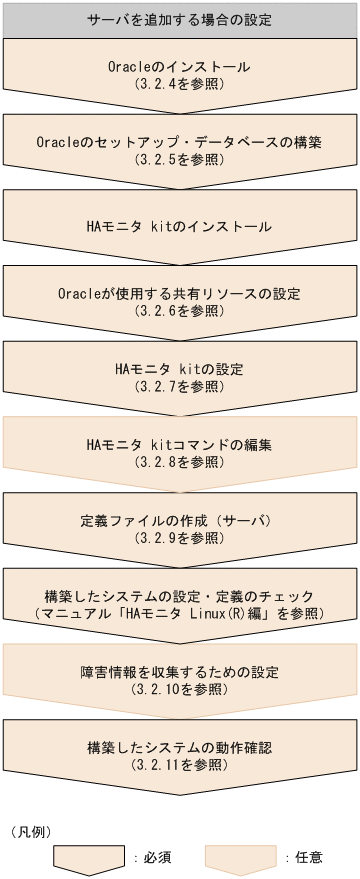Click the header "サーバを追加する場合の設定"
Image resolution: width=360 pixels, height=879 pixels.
point(179,19)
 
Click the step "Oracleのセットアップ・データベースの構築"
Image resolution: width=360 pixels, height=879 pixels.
point(179,142)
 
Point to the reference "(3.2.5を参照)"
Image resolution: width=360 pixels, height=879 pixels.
point(179,159)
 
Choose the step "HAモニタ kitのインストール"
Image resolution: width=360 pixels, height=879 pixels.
point(179,226)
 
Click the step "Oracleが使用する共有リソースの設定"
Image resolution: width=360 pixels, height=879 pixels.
point(179,293)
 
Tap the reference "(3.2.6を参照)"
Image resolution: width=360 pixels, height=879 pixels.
point(179,310)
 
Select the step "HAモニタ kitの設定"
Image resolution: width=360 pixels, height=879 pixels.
point(179,368)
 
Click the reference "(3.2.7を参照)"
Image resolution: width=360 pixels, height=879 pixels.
point(179,385)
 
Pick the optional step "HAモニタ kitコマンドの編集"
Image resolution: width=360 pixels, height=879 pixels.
point(179,444)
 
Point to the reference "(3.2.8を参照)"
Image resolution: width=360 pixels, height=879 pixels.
point(179,461)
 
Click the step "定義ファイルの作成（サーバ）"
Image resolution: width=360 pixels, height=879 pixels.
point(179,520)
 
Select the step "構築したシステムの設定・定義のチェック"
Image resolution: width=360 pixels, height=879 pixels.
point(179,595)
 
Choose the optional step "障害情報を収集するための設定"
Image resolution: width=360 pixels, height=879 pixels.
point(179,671)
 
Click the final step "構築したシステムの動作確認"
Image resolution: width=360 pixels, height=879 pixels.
point(179,747)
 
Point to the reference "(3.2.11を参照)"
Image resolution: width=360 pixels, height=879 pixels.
point(179,764)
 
